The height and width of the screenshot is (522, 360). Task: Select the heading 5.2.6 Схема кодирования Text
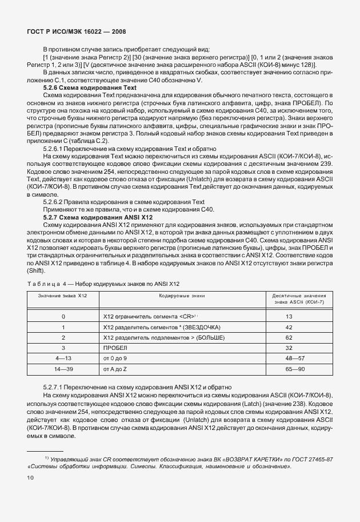tap(90, 88)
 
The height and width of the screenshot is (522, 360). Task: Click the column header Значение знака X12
tap(62, 295)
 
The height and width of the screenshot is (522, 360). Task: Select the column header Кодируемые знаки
tap(181, 295)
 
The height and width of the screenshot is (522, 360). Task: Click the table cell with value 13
tap(289, 316)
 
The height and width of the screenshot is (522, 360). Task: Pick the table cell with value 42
tap(289, 327)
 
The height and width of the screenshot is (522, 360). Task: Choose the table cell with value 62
tap(289, 337)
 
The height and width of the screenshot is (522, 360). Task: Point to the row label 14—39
tap(63, 369)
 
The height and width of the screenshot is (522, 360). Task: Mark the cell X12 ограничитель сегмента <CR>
tap(150, 316)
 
